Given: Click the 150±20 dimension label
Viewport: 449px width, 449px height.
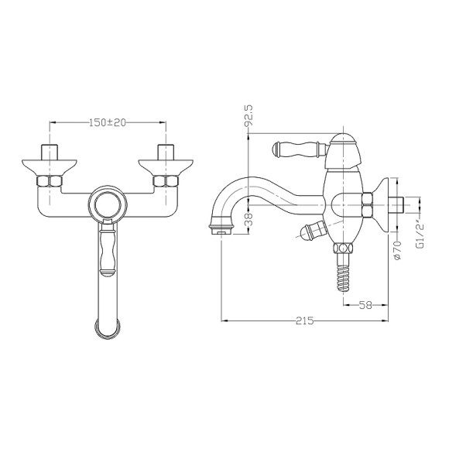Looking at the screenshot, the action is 108,122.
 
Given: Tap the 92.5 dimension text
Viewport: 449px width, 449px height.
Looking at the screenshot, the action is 248,115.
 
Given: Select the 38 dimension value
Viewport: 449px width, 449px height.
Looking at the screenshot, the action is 249,220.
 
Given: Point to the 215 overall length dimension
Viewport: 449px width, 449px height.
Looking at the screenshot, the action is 305,320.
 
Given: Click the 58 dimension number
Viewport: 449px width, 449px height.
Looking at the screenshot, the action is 365,305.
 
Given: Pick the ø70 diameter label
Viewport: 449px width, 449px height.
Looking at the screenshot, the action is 398,250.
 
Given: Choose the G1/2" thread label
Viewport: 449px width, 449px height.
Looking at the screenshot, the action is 420,236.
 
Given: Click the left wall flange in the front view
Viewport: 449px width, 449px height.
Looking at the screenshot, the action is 50,166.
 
